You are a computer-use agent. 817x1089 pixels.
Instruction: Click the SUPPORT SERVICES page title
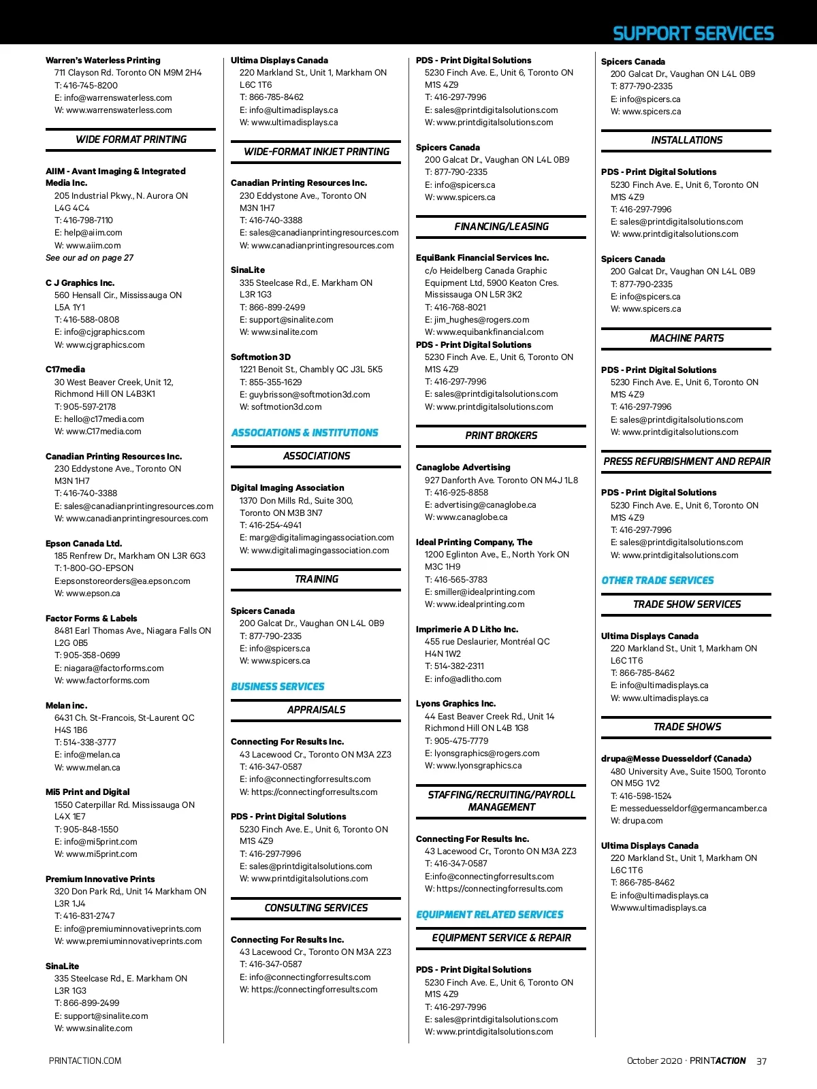click(693, 33)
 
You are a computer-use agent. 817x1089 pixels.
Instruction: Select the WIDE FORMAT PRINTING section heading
click(131, 140)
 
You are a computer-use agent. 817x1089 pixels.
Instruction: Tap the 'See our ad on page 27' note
click(89, 258)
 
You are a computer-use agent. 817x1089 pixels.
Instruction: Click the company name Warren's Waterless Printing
click(103, 61)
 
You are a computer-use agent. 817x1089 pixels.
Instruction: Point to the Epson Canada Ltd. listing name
click(84, 544)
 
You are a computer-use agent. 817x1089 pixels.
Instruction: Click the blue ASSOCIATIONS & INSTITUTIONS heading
click(304, 433)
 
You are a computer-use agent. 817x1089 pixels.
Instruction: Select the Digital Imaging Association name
click(287, 488)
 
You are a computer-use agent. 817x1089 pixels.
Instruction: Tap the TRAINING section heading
click(316, 579)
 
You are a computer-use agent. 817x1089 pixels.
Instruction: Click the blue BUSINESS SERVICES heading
click(278, 687)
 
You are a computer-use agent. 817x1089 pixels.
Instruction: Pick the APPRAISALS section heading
click(316, 710)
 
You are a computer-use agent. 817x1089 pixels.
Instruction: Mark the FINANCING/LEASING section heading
click(501, 227)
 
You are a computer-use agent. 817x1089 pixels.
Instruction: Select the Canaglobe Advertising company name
click(463, 468)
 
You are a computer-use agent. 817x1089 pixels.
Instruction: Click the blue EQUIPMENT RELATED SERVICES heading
click(490, 915)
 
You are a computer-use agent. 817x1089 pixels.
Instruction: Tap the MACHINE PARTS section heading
click(686, 338)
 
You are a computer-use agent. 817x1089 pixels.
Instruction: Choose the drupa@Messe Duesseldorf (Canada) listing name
click(676, 759)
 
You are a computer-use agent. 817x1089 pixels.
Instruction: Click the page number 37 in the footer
click(761, 1061)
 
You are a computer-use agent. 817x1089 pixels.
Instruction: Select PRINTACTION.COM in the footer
click(85, 1061)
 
